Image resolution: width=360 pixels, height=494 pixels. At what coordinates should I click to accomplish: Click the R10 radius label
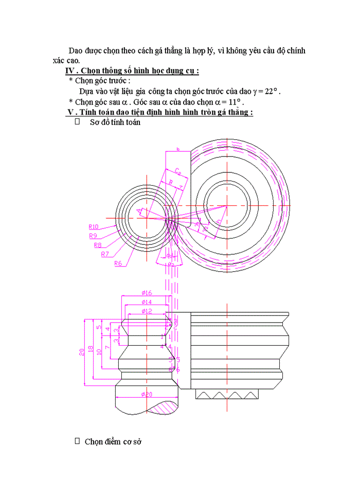[93, 226]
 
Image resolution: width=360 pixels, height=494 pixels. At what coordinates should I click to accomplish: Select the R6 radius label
[118, 263]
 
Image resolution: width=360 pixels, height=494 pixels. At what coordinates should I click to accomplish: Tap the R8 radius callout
[98, 245]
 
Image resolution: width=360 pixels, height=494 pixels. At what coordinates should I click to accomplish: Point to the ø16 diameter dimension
[147, 293]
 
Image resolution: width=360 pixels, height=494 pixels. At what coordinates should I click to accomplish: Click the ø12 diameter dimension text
[147, 311]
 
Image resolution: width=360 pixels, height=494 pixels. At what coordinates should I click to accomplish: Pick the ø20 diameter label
[147, 394]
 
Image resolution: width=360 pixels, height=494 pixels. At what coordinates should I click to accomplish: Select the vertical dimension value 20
[82, 352]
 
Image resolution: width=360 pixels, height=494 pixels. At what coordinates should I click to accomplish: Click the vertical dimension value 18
[91, 348]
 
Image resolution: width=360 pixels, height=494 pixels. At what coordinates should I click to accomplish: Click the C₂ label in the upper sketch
[177, 171]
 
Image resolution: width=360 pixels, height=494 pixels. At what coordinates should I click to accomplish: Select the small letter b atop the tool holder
[177, 149]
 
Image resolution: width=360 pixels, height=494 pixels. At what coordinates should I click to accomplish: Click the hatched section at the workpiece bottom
[165, 407]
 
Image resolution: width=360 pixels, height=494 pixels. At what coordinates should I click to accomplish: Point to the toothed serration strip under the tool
[226, 395]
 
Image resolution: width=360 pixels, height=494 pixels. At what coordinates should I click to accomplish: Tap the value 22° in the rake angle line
[270, 91]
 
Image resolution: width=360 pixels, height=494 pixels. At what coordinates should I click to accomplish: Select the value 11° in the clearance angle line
[234, 102]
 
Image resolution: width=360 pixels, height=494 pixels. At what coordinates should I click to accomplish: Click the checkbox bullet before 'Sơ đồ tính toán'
[78, 122]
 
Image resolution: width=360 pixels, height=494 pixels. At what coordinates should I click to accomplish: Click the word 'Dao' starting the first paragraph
[76, 50]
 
